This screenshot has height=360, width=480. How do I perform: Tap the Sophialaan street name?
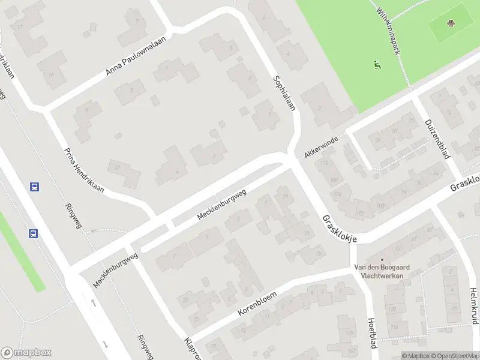[284, 92]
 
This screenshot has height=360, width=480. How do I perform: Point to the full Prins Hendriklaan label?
[83, 170]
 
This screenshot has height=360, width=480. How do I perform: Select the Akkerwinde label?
[321, 146]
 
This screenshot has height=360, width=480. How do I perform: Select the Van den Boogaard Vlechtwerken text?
[377, 272]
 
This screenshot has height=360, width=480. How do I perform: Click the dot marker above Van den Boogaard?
[382, 260]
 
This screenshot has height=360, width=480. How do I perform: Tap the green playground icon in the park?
[377, 63]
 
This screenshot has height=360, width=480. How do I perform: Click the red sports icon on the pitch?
[451, 23]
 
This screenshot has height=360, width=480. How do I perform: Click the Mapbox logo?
[26, 353]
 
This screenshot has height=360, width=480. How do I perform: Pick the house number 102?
[361, 214]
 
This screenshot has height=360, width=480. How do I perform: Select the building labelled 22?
[186, 299]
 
